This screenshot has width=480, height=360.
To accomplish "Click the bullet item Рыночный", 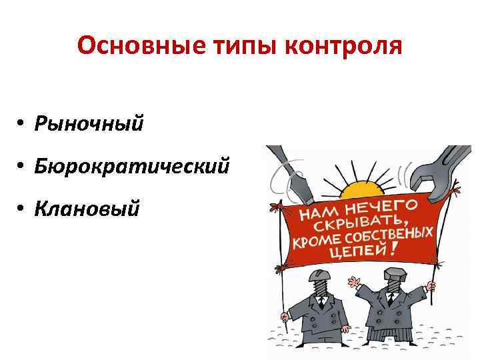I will (89, 123).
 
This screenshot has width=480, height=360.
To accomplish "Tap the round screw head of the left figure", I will (319, 277).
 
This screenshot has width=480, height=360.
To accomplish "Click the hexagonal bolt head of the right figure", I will (393, 275).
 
